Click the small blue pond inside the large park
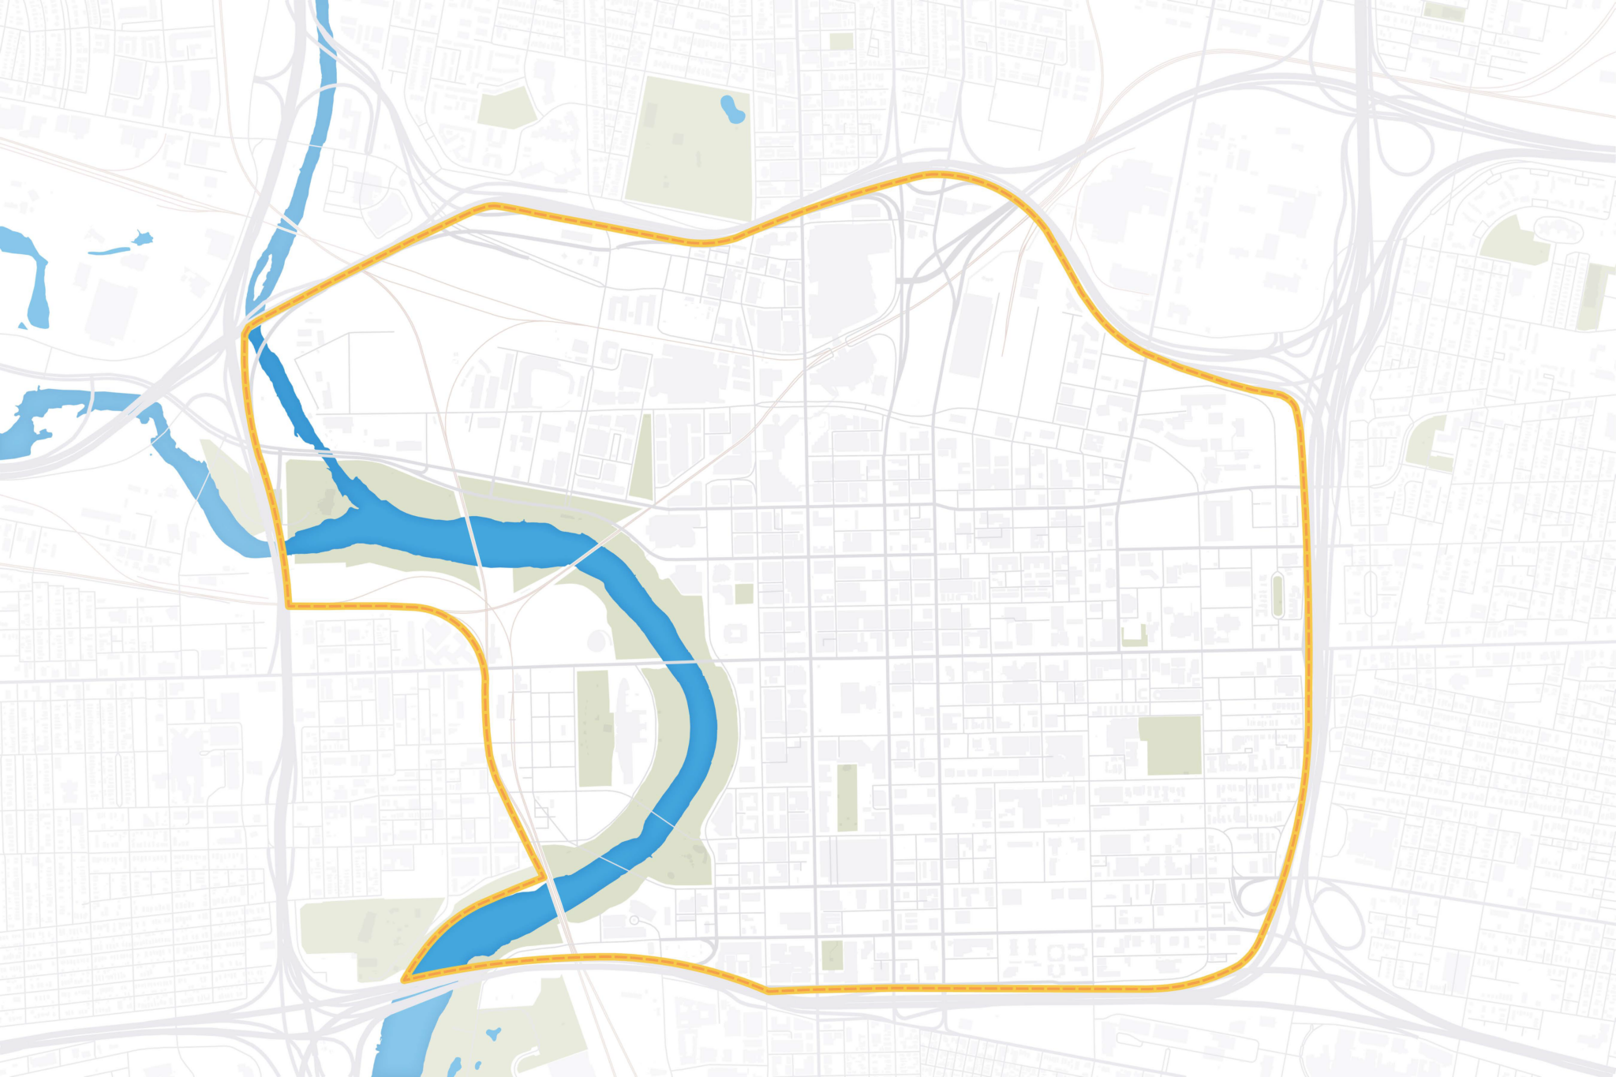[x=733, y=109]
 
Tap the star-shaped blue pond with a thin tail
[x=140, y=238]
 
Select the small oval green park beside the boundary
[x=1277, y=596]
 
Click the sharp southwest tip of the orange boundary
[x=405, y=981]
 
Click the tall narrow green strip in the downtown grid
[x=847, y=797]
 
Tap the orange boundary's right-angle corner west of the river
[x=288, y=606]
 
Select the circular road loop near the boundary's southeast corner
[x=1255, y=896]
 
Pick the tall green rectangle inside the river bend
[x=594, y=727]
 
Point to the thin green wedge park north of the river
[x=643, y=458]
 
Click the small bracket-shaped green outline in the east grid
[x=1134, y=636]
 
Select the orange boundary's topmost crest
[x=939, y=173]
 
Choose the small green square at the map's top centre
[x=841, y=41]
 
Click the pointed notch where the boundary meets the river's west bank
[x=542, y=876]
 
